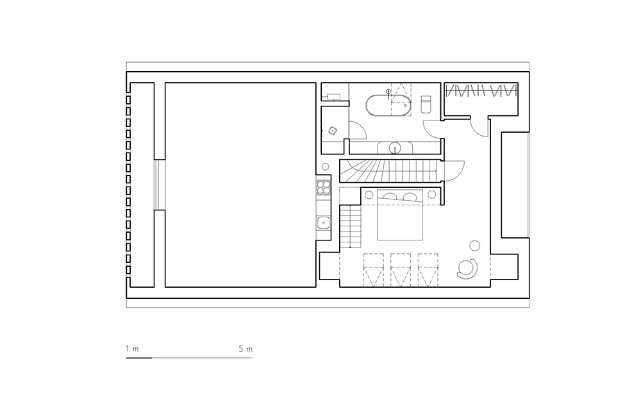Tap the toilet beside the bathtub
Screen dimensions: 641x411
(426, 105)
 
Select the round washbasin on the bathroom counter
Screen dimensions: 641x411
(395, 147)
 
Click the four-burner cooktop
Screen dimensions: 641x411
(323, 187)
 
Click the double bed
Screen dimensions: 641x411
(400, 215)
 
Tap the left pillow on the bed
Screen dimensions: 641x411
(390, 196)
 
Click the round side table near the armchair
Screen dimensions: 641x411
(474, 246)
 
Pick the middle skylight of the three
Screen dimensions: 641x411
(401, 270)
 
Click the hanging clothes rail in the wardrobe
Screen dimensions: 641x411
(481, 90)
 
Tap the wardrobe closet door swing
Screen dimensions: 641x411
(479, 127)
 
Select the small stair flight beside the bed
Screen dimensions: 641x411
(351, 226)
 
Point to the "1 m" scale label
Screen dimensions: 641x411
(132, 349)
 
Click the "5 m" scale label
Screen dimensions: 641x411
(246, 349)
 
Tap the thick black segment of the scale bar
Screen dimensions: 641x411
(139, 358)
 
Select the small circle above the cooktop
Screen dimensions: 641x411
(325, 167)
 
